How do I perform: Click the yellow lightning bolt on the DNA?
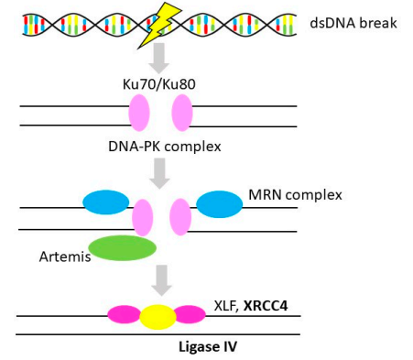(x=158, y=26)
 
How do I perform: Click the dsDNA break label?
(x=353, y=23)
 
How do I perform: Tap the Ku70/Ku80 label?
(x=159, y=84)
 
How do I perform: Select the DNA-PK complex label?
(x=165, y=147)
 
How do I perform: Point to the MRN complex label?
(x=295, y=195)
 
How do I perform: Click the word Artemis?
(x=65, y=256)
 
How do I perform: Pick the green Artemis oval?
(x=123, y=248)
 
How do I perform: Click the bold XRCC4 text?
(x=266, y=306)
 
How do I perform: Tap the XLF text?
(x=226, y=306)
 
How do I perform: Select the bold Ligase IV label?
(x=208, y=347)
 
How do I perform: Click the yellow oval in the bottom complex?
(x=158, y=317)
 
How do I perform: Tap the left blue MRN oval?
(x=106, y=202)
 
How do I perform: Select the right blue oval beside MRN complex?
(x=219, y=204)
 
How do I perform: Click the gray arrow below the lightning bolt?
(x=158, y=58)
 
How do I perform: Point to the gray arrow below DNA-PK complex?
(x=159, y=173)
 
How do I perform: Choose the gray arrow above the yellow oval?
(x=162, y=280)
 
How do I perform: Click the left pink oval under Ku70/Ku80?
(x=139, y=113)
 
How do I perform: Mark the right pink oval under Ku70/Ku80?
(x=182, y=113)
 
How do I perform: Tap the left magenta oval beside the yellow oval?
(x=125, y=314)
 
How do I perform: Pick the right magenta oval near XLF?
(x=190, y=314)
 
